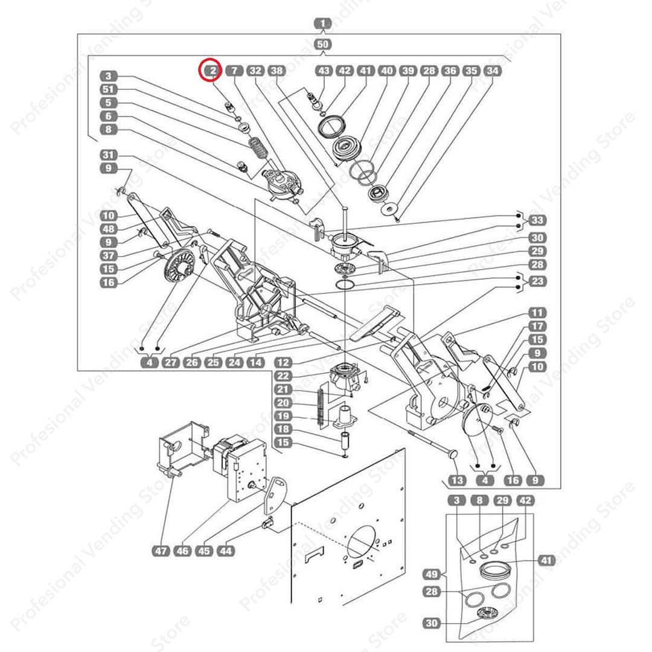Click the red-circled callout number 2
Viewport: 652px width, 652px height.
click(x=212, y=71)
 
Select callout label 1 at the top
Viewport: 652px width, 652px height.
click(x=324, y=25)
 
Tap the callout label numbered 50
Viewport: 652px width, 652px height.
click(x=324, y=44)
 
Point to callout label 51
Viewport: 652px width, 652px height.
click(x=108, y=89)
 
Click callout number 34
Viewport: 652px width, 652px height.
click(x=493, y=71)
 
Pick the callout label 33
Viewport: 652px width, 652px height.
click(x=537, y=220)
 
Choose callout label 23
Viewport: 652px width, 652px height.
click(x=537, y=281)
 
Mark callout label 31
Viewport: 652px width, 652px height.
click(x=108, y=155)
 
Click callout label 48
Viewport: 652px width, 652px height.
click(x=108, y=229)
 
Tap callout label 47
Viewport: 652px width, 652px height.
click(x=161, y=551)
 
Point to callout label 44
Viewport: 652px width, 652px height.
click(x=226, y=551)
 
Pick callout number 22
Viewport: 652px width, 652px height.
click(x=283, y=376)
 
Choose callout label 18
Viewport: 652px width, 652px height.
click(x=283, y=429)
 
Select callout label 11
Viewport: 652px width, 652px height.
click(x=537, y=313)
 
